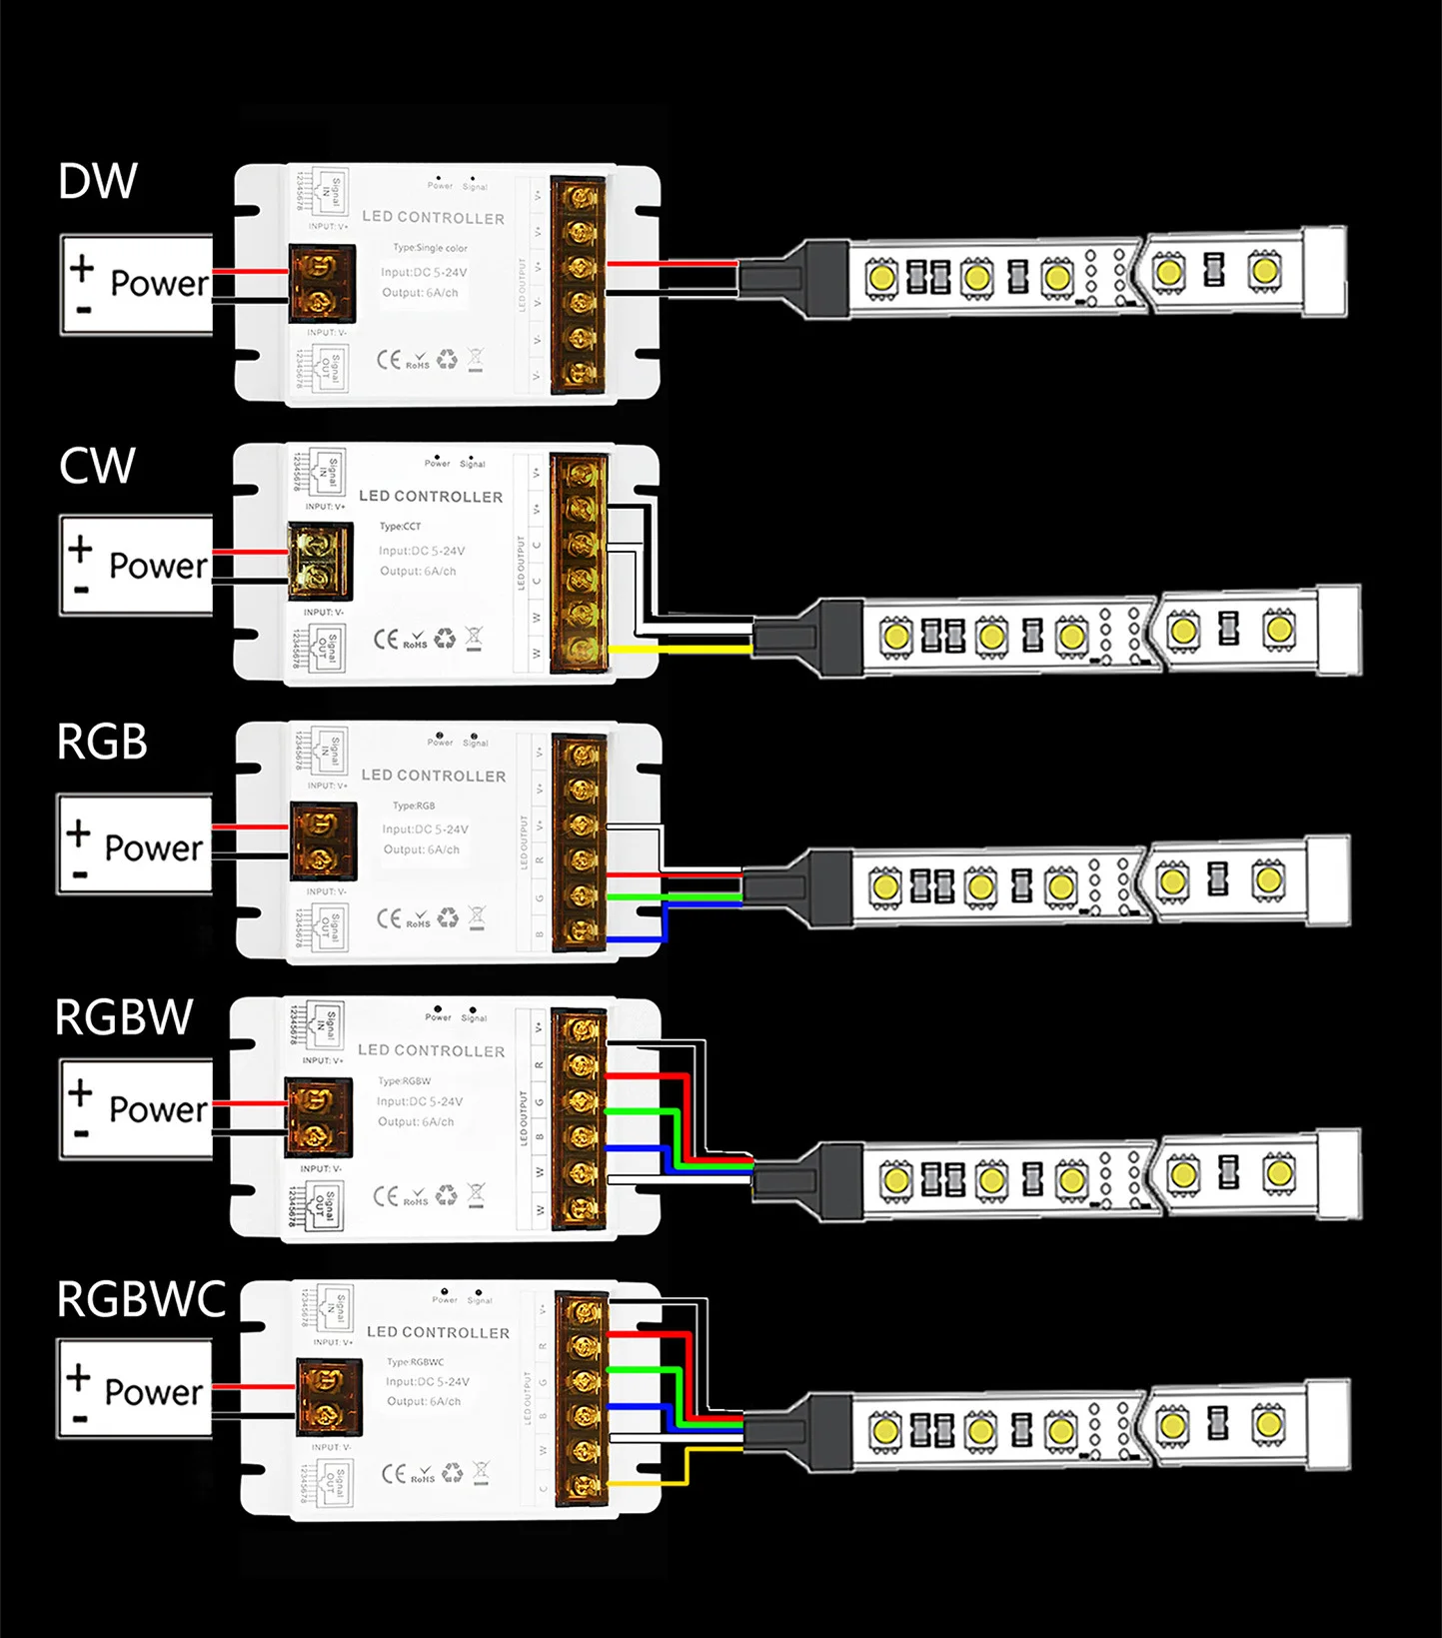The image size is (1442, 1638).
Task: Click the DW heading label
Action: click(98, 181)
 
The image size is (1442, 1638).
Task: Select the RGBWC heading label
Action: click(141, 1299)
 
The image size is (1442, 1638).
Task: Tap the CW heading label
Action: click(97, 466)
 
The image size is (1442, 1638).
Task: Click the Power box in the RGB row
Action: click(135, 844)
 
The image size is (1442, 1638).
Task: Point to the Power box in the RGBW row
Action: click(137, 1108)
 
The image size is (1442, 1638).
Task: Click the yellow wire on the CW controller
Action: click(680, 650)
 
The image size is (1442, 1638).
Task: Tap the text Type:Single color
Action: click(430, 248)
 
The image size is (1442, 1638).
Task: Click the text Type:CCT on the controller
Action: click(400, 527)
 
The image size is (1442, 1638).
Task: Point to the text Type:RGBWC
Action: click(415, 1362)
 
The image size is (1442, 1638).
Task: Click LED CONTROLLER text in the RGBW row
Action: click(431, 1050)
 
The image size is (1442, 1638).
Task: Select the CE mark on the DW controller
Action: click(388, 360)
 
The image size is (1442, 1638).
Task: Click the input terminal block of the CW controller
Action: click(320, 562)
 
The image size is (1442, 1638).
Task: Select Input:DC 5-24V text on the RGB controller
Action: click(425, 829)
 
